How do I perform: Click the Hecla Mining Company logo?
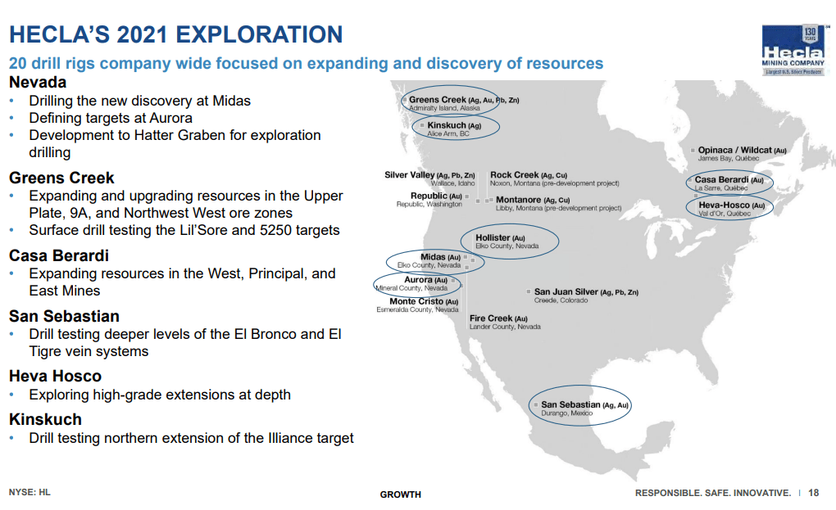pyautogui.click(x=793, y=51)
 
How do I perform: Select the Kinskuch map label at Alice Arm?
pyautogui.click(x=454, y=129)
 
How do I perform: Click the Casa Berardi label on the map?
pyautogui.click(x=729, y=183)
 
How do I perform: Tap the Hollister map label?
pyautogui.click(x=507, y=241)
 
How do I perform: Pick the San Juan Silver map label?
pyautogui.click(x=586, y=296)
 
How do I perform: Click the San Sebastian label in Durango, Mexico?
pyautogui.click(x=584, y=408)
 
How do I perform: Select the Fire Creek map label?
pyautogui.click(x=504, y=322)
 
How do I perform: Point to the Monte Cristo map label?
pyautogui.click(x=417, y=305)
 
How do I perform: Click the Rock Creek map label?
pyautogui.click(x=555, y=179)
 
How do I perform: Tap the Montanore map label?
pyautogui.click(x=558, y=203)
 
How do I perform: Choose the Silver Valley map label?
pyautogui.click(x=429, y=179)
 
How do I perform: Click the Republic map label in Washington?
pyautogui.click(x=429, y=200)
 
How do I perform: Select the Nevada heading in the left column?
pyautogui.click(x=38, y=83)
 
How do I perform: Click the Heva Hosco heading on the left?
pyautogui.click(x=56, y=377)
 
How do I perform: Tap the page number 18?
pyautogui.click(x=813, y=493)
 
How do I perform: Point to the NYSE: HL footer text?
pyautogui.click(x=30, y=493)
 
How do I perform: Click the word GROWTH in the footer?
pyautogui.click(x=401, y=494)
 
